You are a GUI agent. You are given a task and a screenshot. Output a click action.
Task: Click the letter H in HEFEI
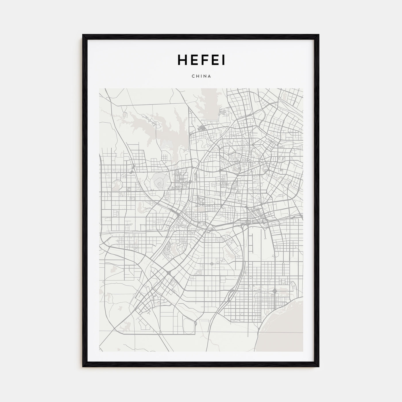point(183,60)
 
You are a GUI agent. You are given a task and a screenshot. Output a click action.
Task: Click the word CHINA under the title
point(201,76)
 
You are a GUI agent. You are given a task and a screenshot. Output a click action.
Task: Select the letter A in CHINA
point(210,76)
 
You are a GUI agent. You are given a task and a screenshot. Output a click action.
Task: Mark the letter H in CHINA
point(197,76)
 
